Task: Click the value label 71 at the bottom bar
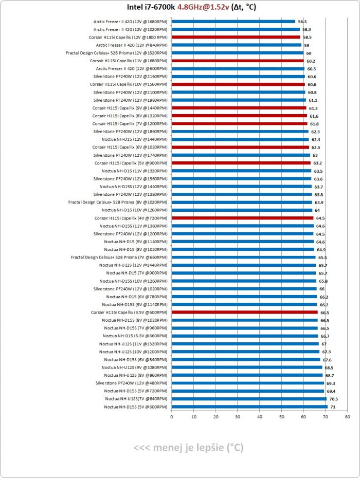333,407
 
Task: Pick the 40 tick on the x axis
260,417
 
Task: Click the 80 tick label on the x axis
348,417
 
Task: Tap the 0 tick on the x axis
172,417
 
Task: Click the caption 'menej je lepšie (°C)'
188,448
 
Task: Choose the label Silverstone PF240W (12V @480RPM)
131,383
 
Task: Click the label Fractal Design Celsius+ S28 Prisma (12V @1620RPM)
117,53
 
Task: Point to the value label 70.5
334,399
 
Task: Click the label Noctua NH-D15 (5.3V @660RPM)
134,336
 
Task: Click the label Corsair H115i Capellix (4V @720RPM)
131,218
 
